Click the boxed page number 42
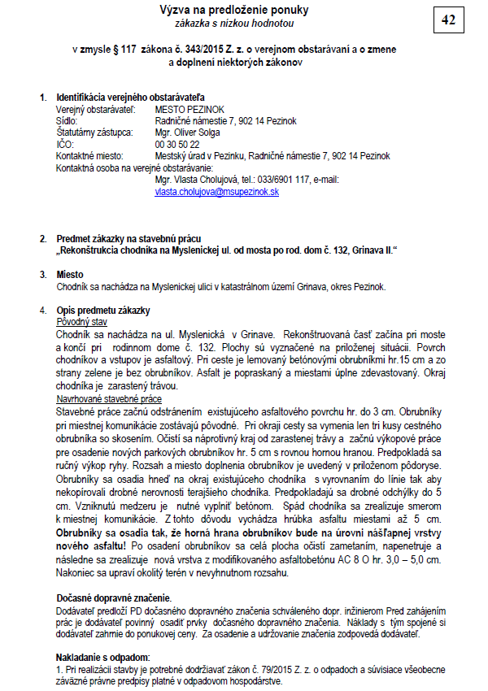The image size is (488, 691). [448, 21]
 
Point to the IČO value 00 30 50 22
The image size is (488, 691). [176, 144]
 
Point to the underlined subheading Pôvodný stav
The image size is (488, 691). [82, 322]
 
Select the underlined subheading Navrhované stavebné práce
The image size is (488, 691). [109, 399]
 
